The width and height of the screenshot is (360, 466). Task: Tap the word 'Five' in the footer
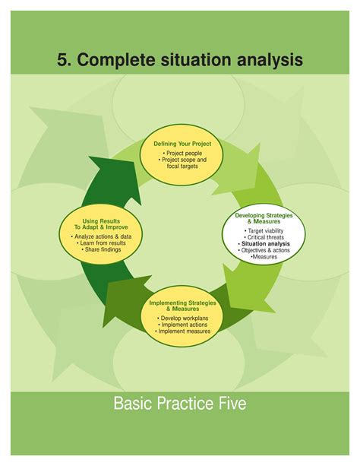[228, 403]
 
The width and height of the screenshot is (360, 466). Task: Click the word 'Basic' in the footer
[134, 403]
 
